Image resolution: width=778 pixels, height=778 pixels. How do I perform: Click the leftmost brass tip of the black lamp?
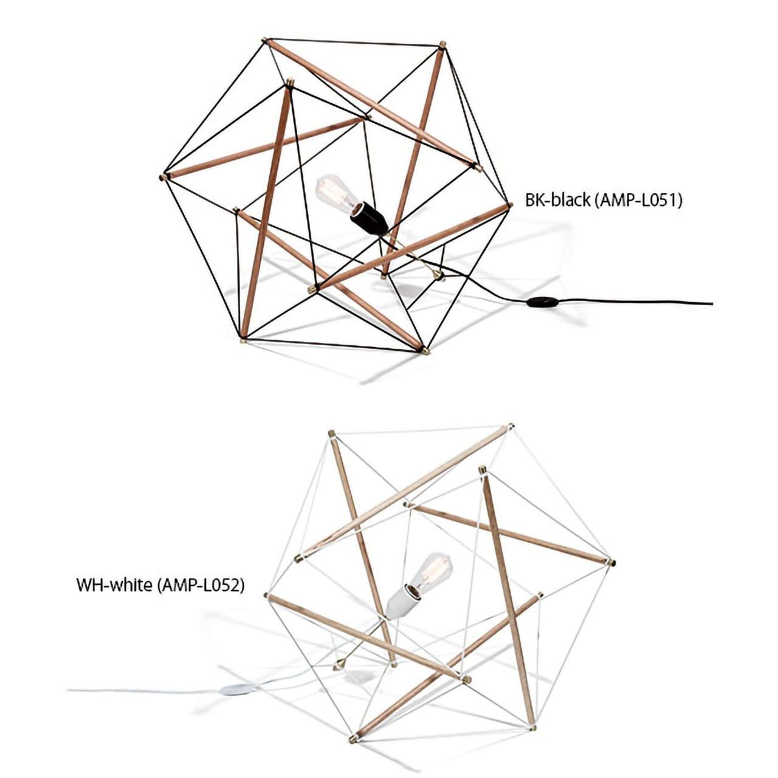pyautogui.click(x=162, y=177)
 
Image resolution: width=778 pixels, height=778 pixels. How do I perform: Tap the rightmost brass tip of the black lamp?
pyautogui.click(x=509, y=205)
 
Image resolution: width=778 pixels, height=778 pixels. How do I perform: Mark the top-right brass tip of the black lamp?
pyautogui.click(x=442, y=44)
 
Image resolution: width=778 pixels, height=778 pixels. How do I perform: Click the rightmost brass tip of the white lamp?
pyautogui.click(x=611, y=562)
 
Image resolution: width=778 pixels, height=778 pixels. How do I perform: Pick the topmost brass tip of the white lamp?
pyautogui.click(x=511, y=426)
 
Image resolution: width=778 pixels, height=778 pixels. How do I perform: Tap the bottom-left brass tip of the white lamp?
pyautogui.click(x=353, y=739)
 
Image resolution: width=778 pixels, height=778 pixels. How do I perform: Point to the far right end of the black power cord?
pyautogui.click(x=712, y=303)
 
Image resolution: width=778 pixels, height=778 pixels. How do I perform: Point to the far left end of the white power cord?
pyautogui.click(x=69, y=690)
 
